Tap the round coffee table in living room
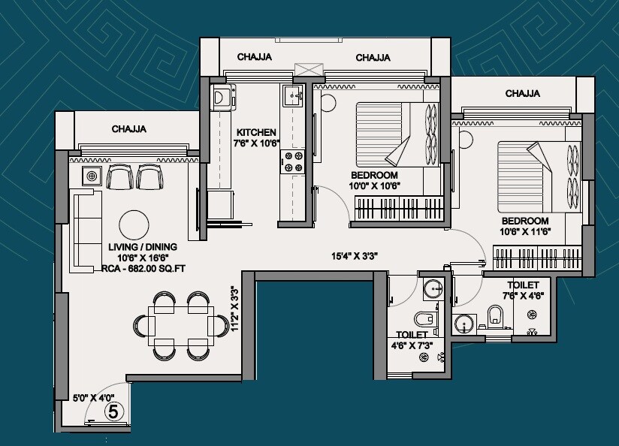tap(135, 223)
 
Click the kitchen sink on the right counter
tap(291, 95)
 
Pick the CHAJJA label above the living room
tap(129, 129)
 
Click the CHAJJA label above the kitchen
tap(254, 57)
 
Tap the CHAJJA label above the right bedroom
tap(523, 94)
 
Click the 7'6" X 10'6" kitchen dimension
tap(257, 142)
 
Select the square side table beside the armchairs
tap(91, 176)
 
